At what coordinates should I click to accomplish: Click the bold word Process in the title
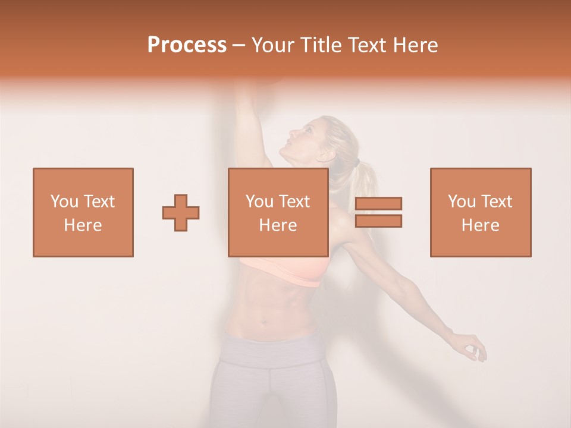(187, 45)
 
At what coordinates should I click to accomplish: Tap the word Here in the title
(413, 45)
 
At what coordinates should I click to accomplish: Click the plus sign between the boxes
(181, 213)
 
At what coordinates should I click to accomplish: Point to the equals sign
(378, 212)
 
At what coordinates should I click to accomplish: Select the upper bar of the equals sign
(378, 204)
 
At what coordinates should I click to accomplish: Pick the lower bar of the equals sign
(378, 221)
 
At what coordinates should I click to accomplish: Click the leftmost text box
(83, 212)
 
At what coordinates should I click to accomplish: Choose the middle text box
(278, 212)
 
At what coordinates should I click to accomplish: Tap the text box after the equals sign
(481, 212)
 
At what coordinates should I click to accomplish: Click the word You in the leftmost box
(64, 202)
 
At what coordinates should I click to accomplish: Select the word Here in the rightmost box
(481, 225)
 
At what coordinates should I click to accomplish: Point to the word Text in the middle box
(294, 202)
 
